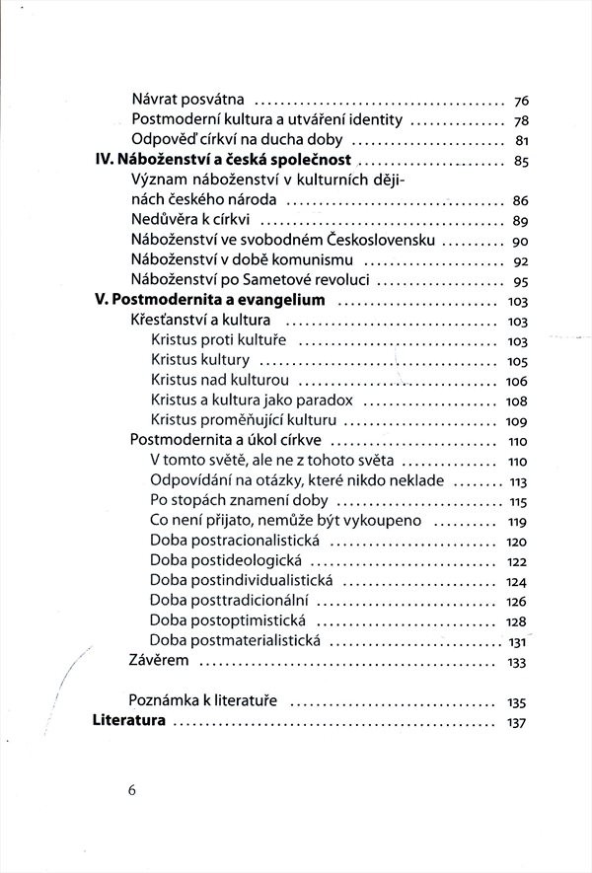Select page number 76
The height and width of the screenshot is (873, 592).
tap(523, 101)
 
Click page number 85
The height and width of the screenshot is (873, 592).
tap(523, 162)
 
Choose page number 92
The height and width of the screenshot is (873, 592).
tap(523, 261)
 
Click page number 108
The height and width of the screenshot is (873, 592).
tap(517, 401)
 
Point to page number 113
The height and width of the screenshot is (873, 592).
tap(517, 481)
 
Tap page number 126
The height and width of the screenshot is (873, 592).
tap(517, 601)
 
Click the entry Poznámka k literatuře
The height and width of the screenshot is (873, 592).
tap(202, 701)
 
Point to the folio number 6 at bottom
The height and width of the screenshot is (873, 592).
tap(130, 790)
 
